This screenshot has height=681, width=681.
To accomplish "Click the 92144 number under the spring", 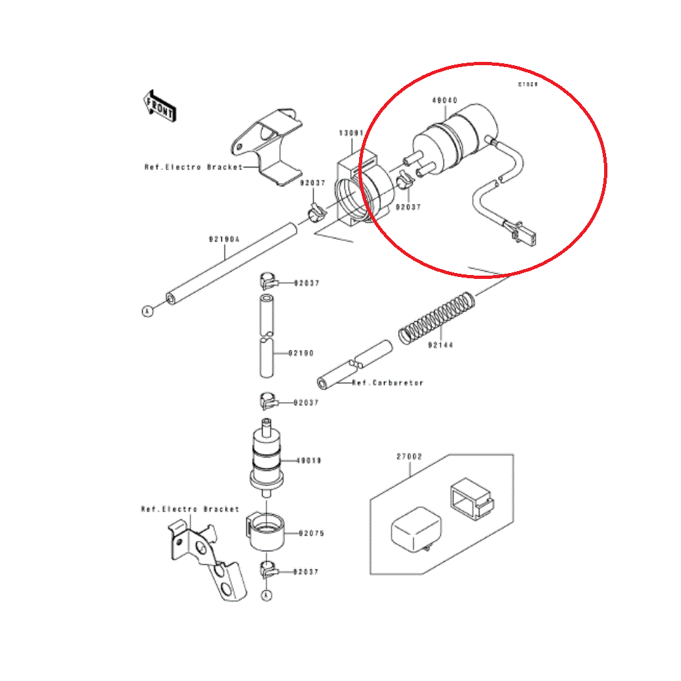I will pyautogui.click(x=441, y=346).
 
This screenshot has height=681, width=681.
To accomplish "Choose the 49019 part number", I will pyautogui.click(x=310, y=461).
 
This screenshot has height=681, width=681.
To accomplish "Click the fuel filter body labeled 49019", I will pyautogui.click(x=266, y=459).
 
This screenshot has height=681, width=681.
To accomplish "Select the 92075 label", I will pyautogui.click(x=311, y=533).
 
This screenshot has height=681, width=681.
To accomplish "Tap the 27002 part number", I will pyautogui.click(x=409, y=457).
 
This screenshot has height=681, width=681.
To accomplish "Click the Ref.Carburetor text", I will pyautogui.click(x=388, y=383).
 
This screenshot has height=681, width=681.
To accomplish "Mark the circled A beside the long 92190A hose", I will pyautogui.click(x=147, y=311).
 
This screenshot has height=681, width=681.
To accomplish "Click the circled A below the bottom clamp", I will pyautogui.click(x=266, y=595).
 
